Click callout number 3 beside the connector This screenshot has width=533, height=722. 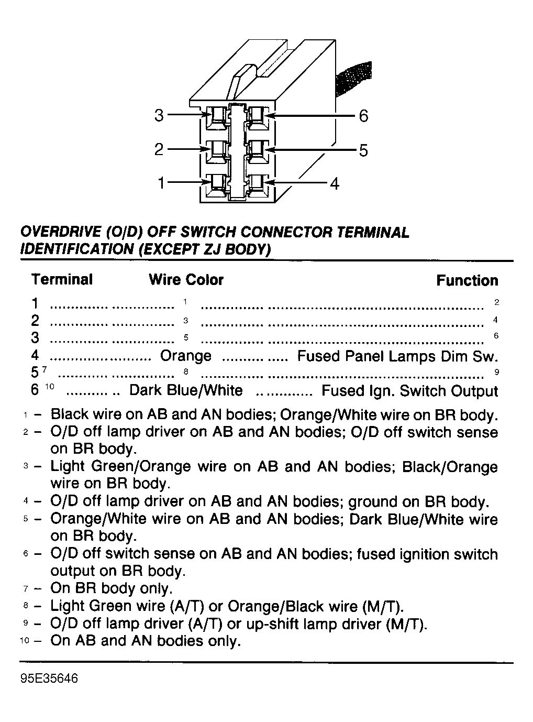[x=159, y=115]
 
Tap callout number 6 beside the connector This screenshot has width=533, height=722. [x=363, y=116]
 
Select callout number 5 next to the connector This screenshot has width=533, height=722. [x=363, y=151]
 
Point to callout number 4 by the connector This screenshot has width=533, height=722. [x=335, y=183]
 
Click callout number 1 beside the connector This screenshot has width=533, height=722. [x=162, y=183]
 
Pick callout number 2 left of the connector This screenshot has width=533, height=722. [x=159, y=150]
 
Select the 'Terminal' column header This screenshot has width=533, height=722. [x=62, y=279]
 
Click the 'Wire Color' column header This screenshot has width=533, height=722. [x=186, y=280]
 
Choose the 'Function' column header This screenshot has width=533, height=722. [x=467, y=281]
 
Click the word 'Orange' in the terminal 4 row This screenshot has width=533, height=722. [x=186, y=356]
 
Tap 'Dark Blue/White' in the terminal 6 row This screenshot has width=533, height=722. [x=186, y=391]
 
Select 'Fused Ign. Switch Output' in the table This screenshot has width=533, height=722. [x=409, y=391]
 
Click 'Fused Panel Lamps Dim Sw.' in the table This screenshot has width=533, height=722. [x=397, y=357]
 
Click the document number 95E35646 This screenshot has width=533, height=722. [x=49, y=679]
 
